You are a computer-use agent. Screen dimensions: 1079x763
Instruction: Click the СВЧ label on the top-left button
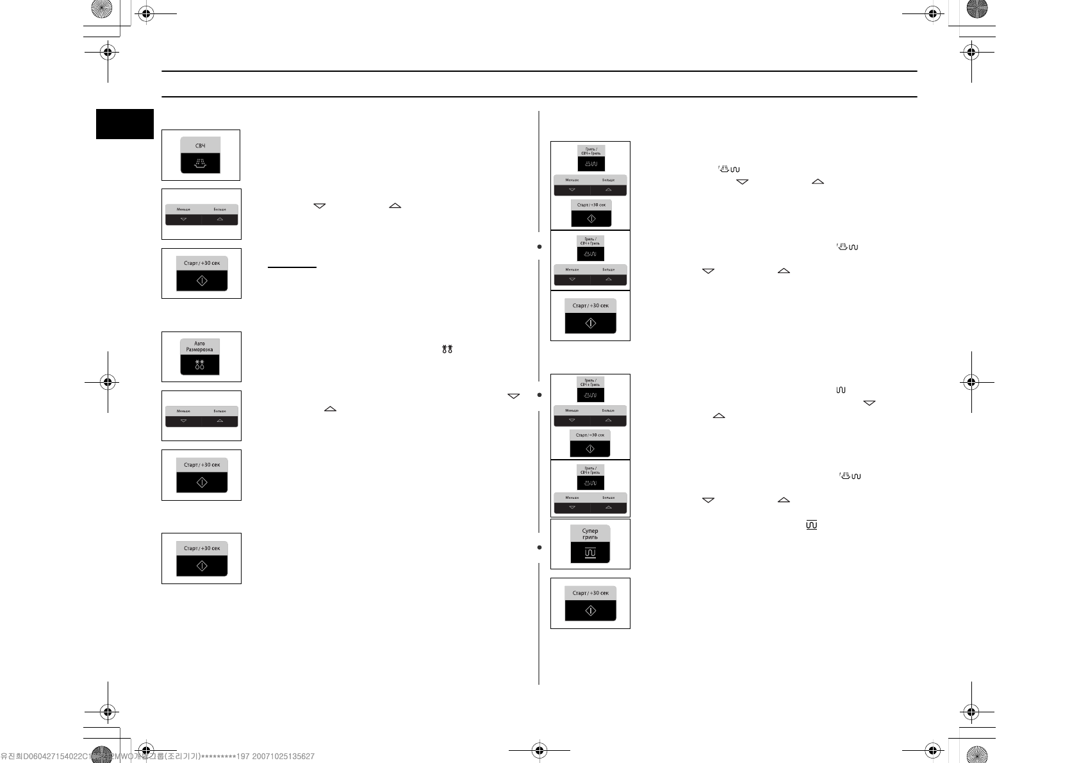pos(200,146)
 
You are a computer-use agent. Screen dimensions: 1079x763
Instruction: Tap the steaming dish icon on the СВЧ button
pos(200,164)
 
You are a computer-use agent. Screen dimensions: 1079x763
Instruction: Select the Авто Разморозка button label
pos(200,347)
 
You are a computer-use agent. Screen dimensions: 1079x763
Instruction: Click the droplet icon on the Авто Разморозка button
pos(200,365)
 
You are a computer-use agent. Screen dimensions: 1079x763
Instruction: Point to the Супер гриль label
pos(590,534)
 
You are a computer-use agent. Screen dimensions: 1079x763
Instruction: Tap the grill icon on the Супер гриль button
pos(590,553)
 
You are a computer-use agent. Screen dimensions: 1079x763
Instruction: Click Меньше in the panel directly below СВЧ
pos(183,210)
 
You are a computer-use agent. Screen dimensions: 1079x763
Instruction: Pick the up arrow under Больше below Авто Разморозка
pos(220,421)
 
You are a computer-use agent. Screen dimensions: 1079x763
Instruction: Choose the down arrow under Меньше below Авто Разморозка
pos(183,421)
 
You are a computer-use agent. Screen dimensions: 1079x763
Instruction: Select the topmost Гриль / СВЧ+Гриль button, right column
pos(590,157)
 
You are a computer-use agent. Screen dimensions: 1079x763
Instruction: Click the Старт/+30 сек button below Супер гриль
pos(590,603)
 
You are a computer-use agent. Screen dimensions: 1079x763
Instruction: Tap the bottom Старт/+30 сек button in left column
pos(202,558)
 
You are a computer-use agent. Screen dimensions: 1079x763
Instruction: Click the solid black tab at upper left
pos(125,124)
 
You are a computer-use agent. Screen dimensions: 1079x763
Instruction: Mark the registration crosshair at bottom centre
pos(539,750)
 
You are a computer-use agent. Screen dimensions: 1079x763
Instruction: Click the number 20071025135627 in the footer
pos(283,757)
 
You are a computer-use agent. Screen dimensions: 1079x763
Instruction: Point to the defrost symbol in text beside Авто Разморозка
pos(447,349)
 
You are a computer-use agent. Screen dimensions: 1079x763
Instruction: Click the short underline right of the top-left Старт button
pos(292,266)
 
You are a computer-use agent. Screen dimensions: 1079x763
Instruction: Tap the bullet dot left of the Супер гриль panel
pos(539,548)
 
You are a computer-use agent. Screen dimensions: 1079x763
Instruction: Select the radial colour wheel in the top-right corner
pos(977,8)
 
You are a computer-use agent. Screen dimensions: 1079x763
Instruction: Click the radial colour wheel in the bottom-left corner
pos(101,755)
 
